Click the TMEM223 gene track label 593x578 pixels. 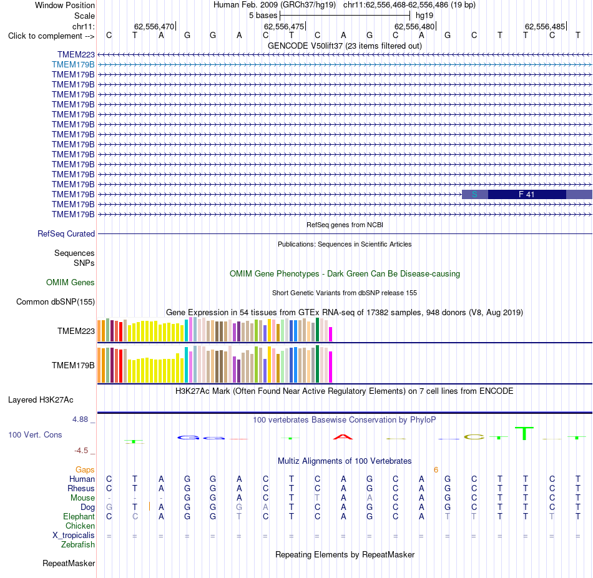(76, 55)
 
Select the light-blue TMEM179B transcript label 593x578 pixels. (74, 65)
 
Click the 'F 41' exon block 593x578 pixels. (527, 194)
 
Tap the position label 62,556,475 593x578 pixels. (284, 26)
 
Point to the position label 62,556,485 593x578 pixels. (545, 26)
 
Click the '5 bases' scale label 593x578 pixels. (263, 16)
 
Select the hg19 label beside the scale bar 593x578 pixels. (424, 16)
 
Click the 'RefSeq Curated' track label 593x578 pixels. (66, 234)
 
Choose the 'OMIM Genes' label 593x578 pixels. (71, 283)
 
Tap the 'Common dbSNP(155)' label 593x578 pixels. (56, 302)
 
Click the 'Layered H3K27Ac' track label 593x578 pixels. (41, 400)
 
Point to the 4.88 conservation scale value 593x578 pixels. (80, 419)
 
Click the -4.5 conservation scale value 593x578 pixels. (81, 451)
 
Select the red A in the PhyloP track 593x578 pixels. (343, 437)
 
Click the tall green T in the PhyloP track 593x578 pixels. (524, 433)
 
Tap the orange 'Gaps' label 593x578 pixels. (85, 470)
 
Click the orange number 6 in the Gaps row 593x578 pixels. (436, 470)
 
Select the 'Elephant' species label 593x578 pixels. (79, 517)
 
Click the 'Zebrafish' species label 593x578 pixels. (78, 545)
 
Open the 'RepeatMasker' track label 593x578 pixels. (69, 563)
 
